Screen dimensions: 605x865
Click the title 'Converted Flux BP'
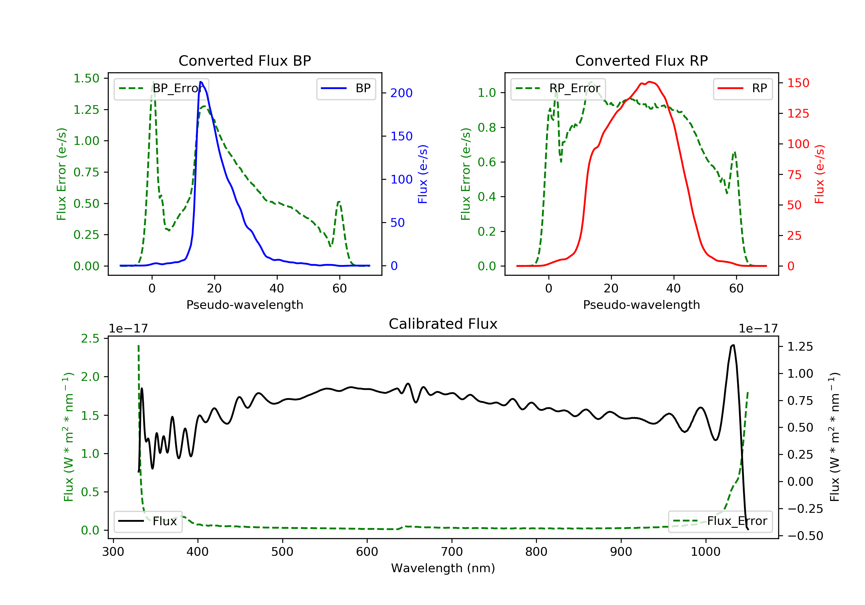point(245,60)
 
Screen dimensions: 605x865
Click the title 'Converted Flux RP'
point(641,60)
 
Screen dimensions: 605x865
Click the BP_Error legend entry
point(161,88)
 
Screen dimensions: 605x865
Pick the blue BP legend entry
point(346,88)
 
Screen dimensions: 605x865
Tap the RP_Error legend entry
point(558,88)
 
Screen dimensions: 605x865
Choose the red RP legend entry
point(742,88)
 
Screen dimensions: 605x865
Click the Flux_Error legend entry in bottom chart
point(720,521)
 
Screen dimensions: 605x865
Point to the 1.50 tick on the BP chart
point(86,78)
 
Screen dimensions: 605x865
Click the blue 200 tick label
point(401,93)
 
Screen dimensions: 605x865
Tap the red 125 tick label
point(798,113)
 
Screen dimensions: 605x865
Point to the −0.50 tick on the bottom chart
point(805,536)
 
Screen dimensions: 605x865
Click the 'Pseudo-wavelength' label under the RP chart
point(641,305)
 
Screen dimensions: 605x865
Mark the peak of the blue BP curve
point(201,82)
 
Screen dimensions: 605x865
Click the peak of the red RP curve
point(649,82)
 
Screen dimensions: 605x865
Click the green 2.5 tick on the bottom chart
point(90,339)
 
